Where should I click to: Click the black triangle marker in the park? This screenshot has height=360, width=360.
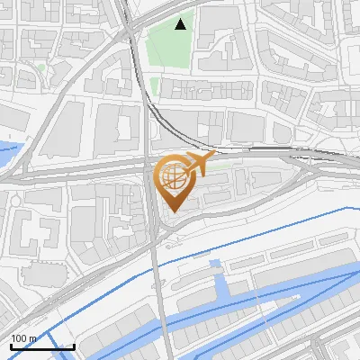tap(181, 24)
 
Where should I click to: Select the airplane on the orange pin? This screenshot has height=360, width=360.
tap(199, 164)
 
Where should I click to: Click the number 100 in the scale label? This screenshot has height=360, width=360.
tap(18, 338)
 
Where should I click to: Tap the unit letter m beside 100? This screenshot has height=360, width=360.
tap(31, 338)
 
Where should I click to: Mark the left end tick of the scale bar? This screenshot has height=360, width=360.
tap(11, 346)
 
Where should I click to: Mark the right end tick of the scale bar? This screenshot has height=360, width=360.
tap(73, 346)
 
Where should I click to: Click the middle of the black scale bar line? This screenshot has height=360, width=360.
tap(41, 347)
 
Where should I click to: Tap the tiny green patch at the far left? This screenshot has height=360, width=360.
tap(41, 67)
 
